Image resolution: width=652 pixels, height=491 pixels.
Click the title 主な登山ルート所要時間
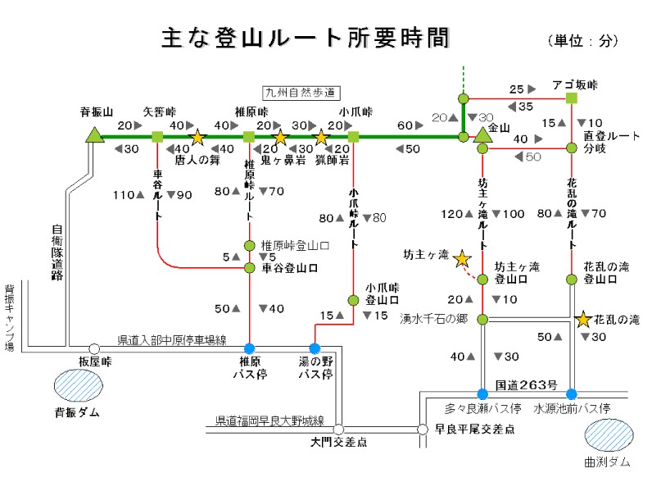coord(305,39)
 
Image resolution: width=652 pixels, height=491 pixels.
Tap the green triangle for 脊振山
coord(95,135)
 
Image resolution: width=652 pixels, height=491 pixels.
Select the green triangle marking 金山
coord(482,135)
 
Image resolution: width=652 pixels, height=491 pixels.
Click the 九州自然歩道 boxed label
coord(301,93)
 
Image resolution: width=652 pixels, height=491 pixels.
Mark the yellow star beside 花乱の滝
coord(583,319)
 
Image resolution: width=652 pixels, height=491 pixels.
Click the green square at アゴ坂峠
coord(572,98)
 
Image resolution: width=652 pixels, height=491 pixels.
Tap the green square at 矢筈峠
coord(157,136)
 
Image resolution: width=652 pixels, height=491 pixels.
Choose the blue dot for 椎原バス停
coord(250,348)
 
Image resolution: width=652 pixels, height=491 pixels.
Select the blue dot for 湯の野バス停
coord(315,348)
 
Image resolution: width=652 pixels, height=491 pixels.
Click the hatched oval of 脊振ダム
coord(79,384)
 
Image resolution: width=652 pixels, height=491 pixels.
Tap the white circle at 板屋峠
coord(94,348)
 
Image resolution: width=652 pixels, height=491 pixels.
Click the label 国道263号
coord(527,384)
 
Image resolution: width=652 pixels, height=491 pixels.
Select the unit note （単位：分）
coord(582,40)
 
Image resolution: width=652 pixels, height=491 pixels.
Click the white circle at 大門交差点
coord(338,428)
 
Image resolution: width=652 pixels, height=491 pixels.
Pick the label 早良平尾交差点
coord(474,428)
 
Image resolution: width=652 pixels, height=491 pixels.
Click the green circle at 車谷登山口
coord(250,267)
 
